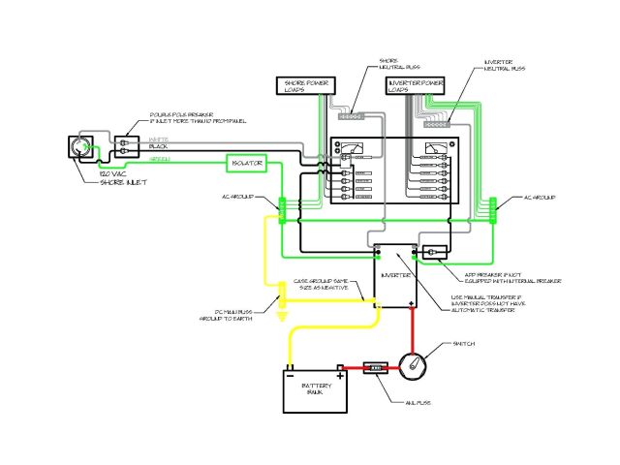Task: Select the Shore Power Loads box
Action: click(304, 87)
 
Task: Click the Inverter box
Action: click(396, 275)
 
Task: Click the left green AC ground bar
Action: click(281, 209)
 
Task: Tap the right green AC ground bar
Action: click(493, 209)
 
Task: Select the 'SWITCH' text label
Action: click(463, 344)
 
